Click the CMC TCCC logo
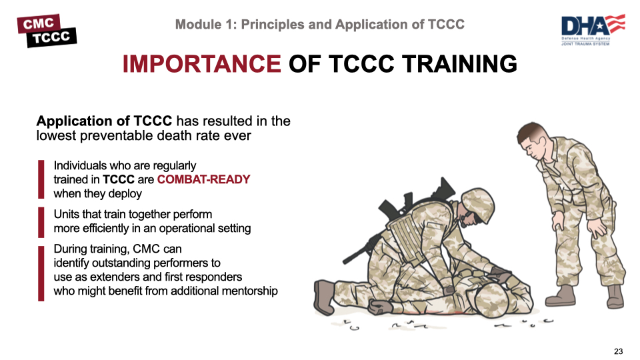point(47,30)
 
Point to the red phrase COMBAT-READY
point(204,179)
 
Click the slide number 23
point(618,351)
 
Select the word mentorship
point(247,291)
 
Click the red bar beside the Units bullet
point(41,221)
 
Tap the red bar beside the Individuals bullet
point(41,179)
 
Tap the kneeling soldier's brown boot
point(325,293)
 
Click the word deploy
point(126,193)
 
